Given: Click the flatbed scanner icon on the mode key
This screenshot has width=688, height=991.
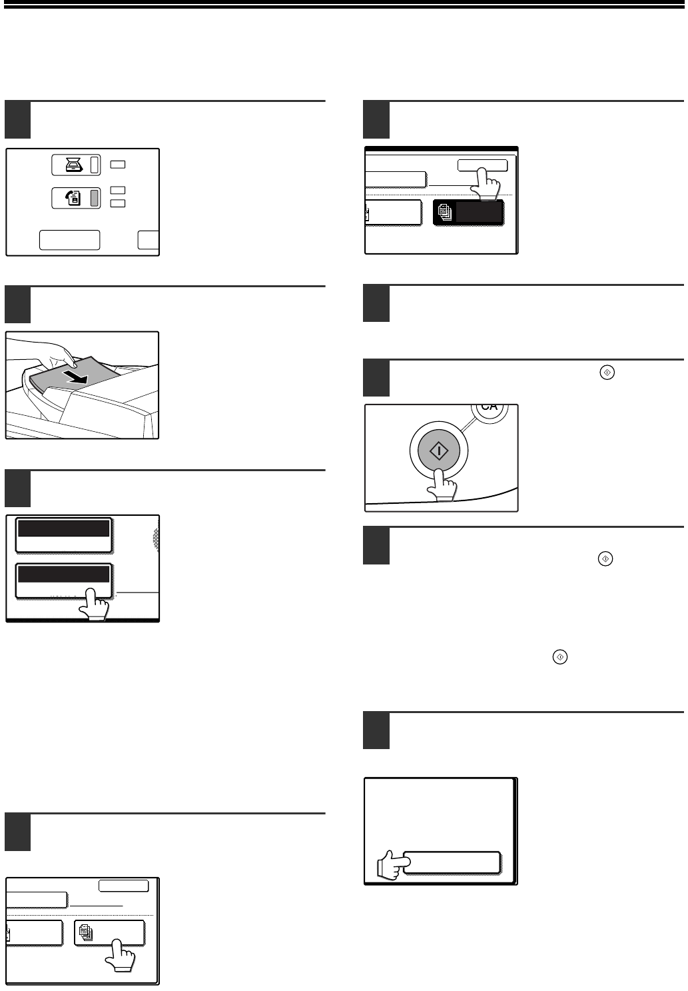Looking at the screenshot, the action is click(74, 165).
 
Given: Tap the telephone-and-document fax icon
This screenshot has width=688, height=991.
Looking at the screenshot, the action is click(73, 197).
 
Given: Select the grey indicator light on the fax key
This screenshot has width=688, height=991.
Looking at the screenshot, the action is click(94, 198).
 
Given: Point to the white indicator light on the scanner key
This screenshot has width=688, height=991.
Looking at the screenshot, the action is click(94, 165).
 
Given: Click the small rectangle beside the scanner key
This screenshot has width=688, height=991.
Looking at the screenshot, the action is click(118, 165).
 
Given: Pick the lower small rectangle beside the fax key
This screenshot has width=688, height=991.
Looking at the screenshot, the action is click(118, 203).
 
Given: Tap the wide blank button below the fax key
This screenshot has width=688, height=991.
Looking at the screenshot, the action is click(69, 240).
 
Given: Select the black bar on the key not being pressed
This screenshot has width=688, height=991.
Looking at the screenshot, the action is click(64, 528).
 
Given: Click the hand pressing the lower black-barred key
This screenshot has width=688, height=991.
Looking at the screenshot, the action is click(95, 604).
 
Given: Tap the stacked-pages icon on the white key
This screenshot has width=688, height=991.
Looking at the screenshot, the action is click(86, 932).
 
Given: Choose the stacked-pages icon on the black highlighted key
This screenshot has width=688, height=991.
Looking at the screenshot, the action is click(445, 213).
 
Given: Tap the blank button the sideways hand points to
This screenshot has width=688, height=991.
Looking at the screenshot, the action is click(452, 862).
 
